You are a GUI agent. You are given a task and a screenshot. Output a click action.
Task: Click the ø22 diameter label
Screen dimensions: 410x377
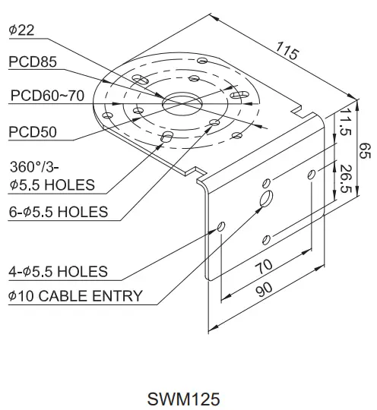[x=22, y=30]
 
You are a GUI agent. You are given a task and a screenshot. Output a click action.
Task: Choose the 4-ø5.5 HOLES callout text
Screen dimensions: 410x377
[x=58, y=271]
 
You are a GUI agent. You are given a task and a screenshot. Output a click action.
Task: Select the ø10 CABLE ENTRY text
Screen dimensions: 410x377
[x=75, y=295]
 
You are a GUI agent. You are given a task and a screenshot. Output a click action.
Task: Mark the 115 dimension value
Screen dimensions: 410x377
[x=287, y=52]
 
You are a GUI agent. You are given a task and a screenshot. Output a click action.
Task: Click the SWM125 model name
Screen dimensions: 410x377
[x=186, y=396]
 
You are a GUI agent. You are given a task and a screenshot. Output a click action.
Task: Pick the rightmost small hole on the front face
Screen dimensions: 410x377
[x=312, y=175]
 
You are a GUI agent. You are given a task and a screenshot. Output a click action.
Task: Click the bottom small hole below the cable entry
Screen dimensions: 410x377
[x=265, y=240]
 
